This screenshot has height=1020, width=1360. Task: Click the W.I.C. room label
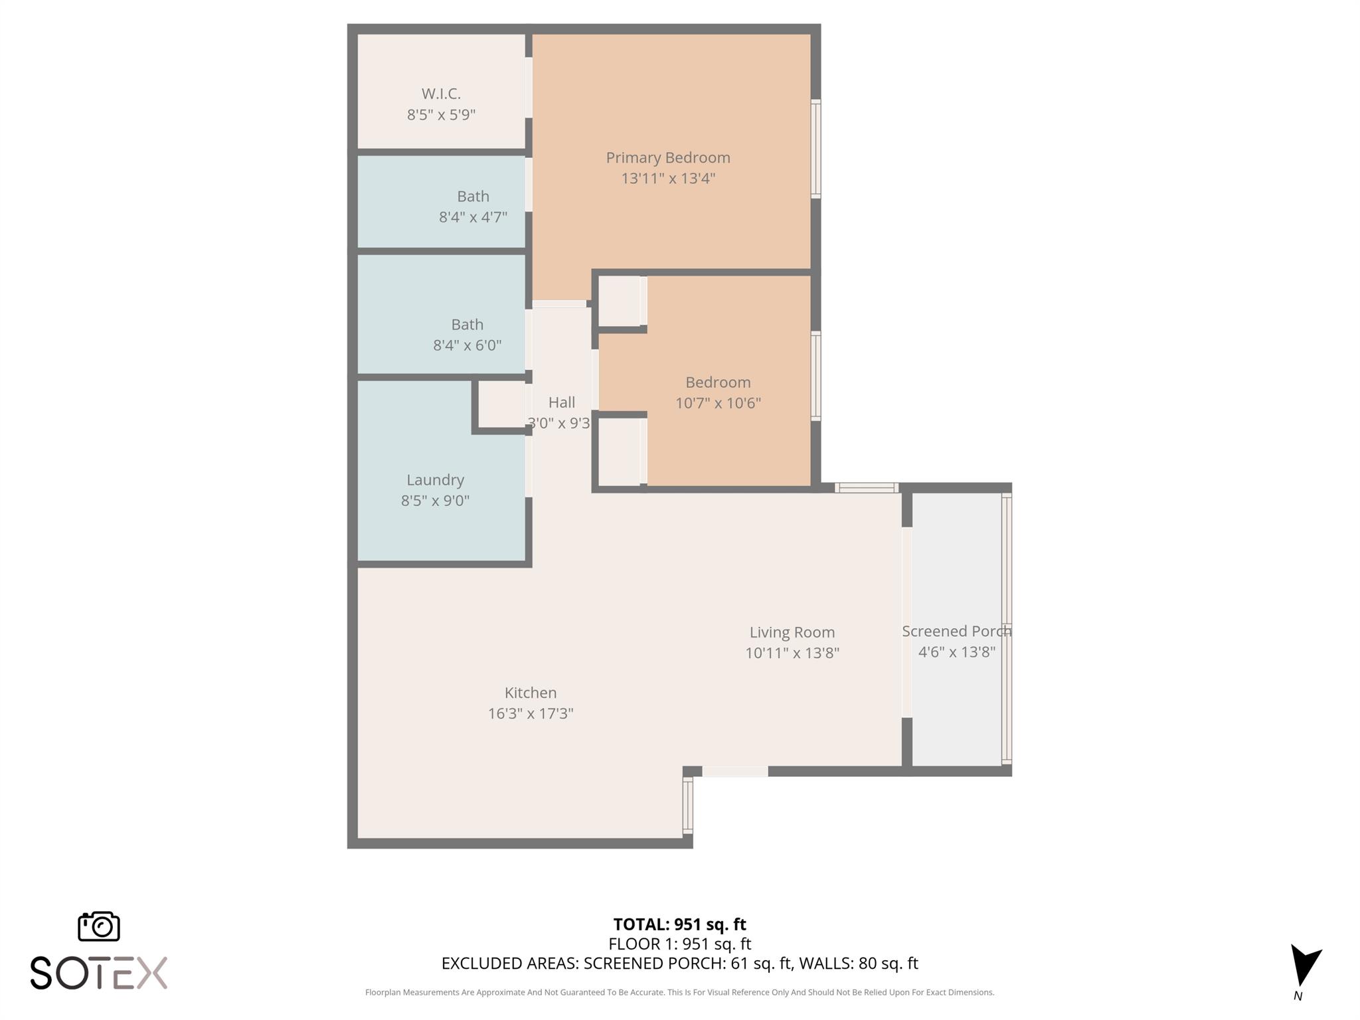pyautogui.click(x=441, y=94)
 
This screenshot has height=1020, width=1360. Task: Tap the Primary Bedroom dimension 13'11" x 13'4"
pyautogui.click(x=668, y=179)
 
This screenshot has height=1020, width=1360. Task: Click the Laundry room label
pyautogui.click(x=435, y=480)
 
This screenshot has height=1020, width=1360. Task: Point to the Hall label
pyautogui.click(x=562, y=402)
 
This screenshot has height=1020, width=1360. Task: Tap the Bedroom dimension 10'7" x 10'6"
pyautogui.click(x=718, y=403)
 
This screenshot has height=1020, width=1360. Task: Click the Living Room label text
pyautogui.click(x=792, y=632)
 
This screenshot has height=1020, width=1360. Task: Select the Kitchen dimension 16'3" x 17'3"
pyautogui.click(x=531, y=713)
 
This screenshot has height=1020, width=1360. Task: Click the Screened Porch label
pyautogui.click(x=956, y=632)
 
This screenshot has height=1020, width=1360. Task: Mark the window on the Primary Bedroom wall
pyautogui.click(x=816, y=149)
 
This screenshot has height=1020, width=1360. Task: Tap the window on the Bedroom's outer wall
pyautogui.click(x=816, y=376)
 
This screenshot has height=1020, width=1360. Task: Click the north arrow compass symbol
pyautogui.click(x=1304, y=967)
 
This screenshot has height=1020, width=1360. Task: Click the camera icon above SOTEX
pyautogui.click(x=99, y=926)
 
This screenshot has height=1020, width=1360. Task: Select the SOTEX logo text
pyautogui.click(x=99, y=973)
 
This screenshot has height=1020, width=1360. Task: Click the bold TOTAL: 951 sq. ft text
pyautogui.click(x=679, y=924)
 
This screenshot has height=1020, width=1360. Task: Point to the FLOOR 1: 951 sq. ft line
pyautogui.click(x=679, y=944)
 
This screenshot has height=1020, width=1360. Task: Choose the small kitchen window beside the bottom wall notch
pyautogui.click(x=688, y=806)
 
